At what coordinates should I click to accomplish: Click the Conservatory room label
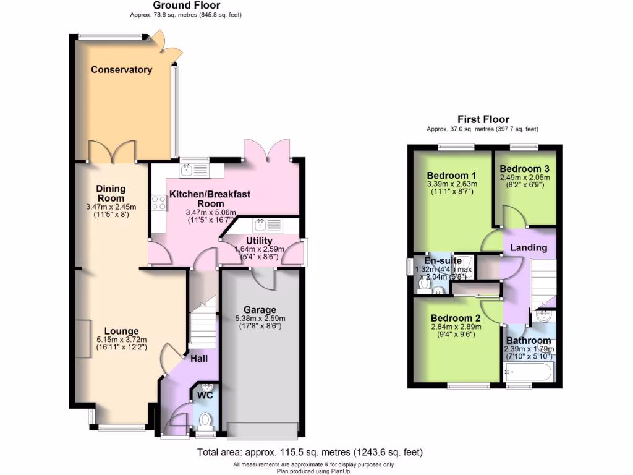point(121,70)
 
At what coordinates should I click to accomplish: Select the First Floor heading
point(483,119)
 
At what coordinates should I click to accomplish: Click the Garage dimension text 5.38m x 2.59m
point(260,319)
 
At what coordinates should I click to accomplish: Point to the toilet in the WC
point(205,421)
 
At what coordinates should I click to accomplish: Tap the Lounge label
point(121,331)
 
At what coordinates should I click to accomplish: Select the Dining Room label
point(111,193)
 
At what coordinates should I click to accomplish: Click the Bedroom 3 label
point(524,168)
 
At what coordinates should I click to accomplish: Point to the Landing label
point(529,247)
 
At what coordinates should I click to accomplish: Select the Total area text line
point(310,452)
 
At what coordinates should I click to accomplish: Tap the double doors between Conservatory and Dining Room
point(111,151)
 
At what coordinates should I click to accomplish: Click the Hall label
point(198,359)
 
